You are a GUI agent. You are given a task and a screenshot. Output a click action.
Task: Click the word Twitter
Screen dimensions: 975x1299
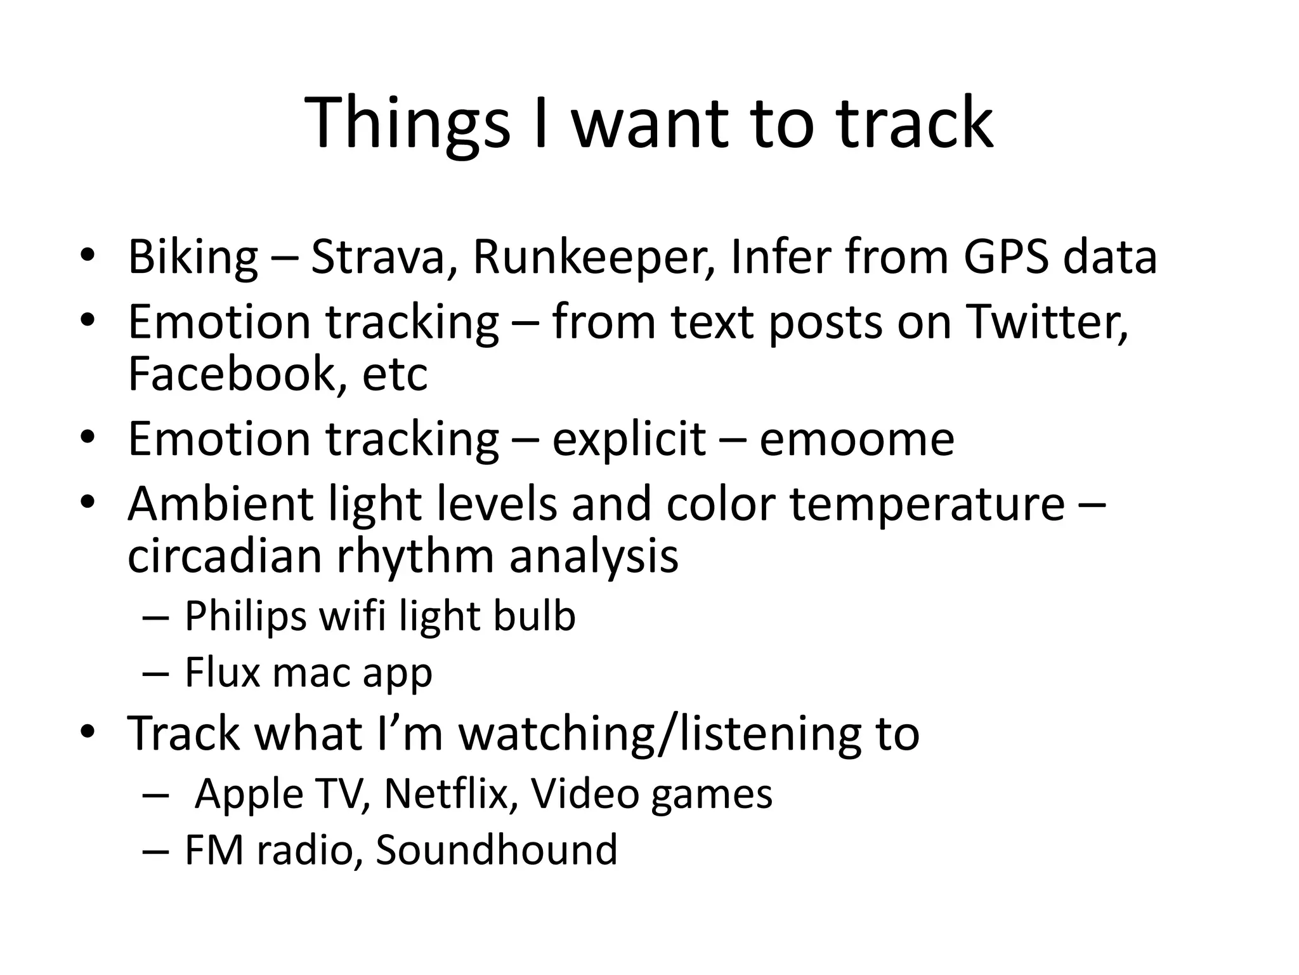(1047, 322)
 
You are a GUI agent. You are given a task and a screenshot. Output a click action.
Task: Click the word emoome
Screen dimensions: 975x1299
(856, 439)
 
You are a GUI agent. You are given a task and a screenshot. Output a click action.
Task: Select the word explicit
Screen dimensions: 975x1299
(629, 439)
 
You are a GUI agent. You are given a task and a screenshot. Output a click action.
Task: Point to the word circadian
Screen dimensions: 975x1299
(225, 556)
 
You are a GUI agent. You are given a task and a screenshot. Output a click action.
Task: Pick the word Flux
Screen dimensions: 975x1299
(222, 673)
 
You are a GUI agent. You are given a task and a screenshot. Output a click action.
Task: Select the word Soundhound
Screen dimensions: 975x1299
(496, 850)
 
